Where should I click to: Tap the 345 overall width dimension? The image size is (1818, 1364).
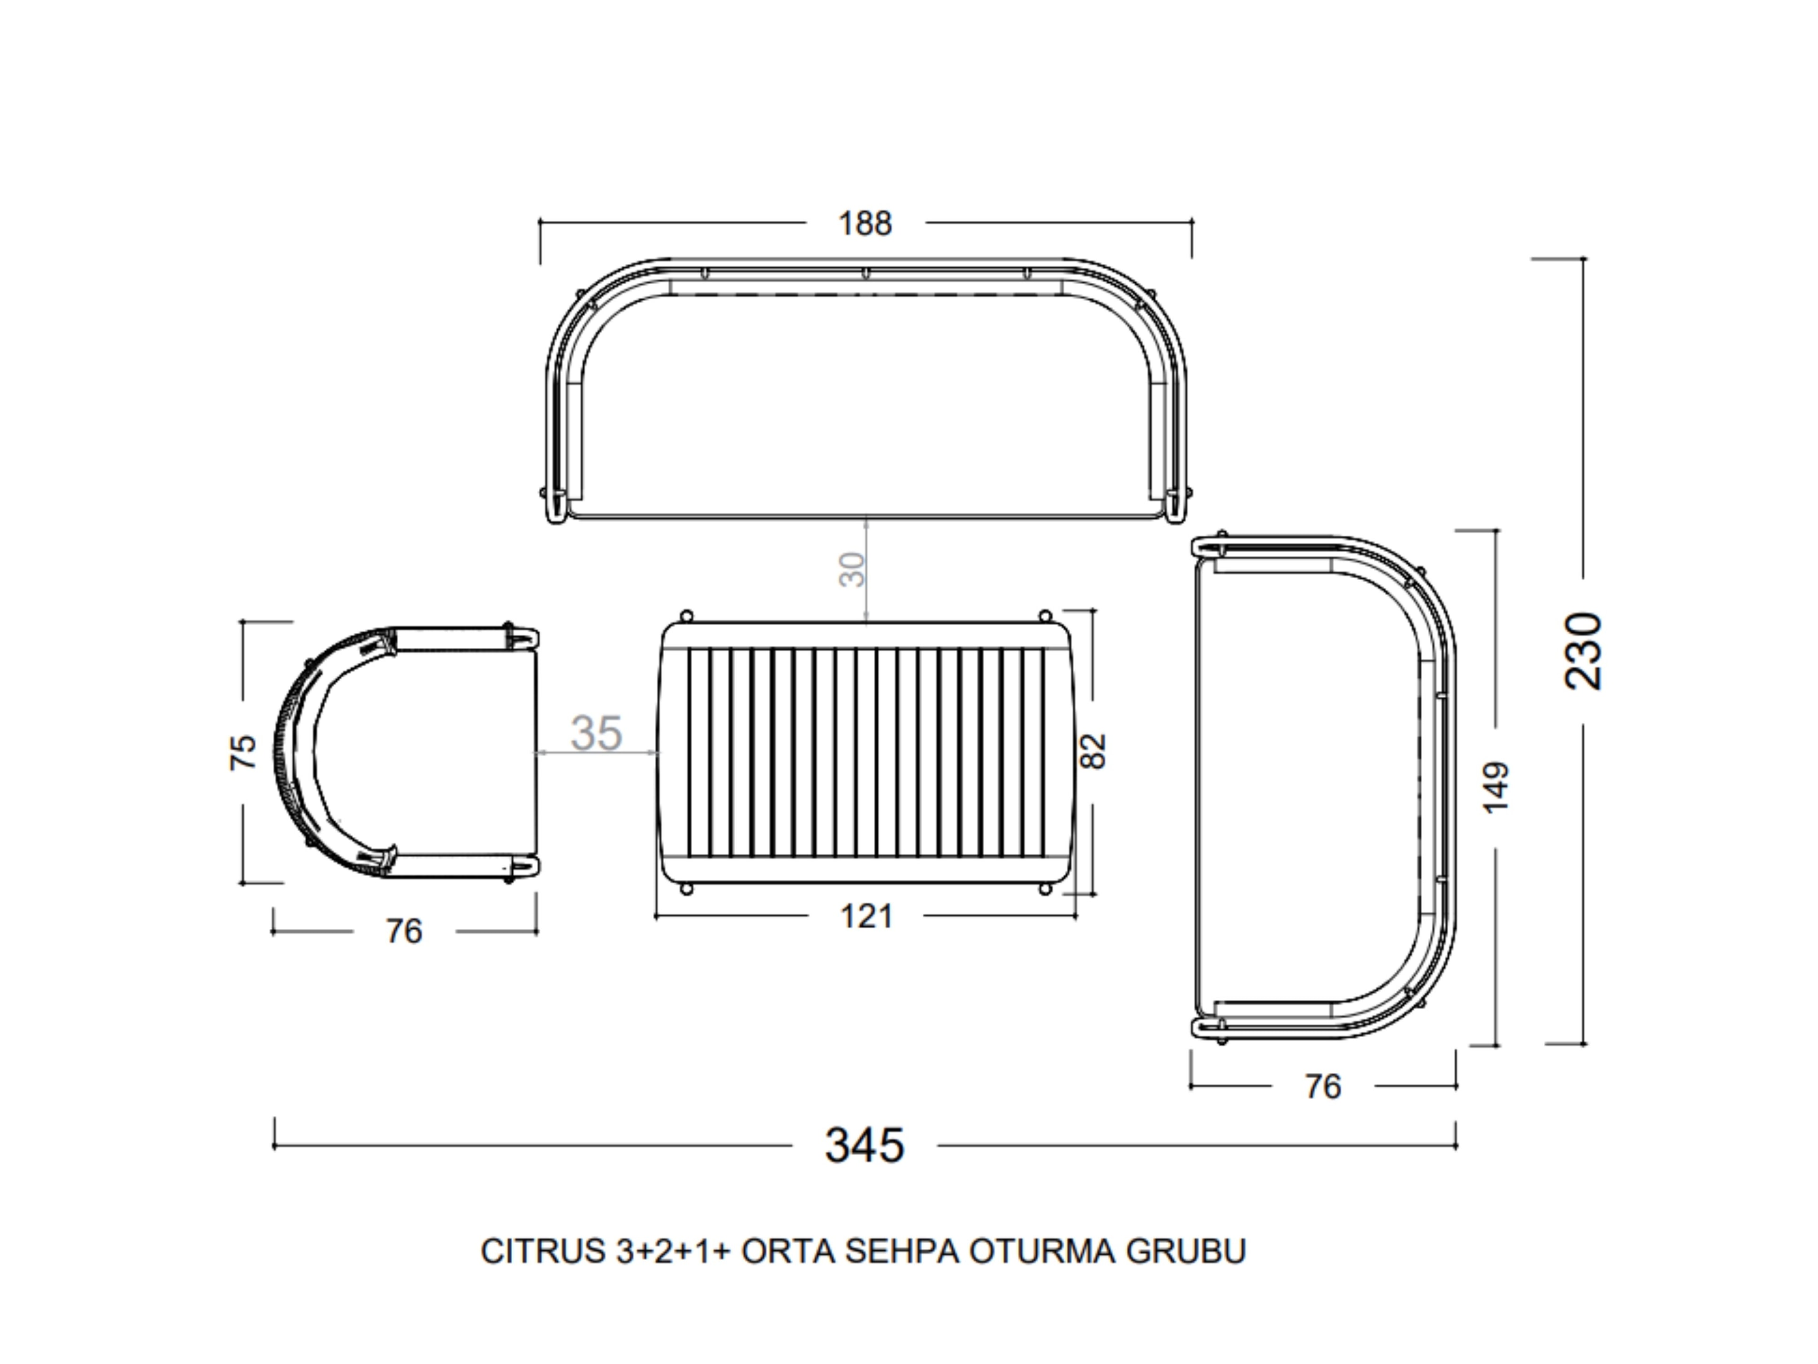(864, 1145)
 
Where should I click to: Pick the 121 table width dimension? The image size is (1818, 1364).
(866, 916)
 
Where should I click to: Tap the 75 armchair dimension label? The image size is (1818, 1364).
(242, 752)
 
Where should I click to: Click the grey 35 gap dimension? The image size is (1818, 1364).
(597, 733)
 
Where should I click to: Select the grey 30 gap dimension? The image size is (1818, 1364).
(852, 570)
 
